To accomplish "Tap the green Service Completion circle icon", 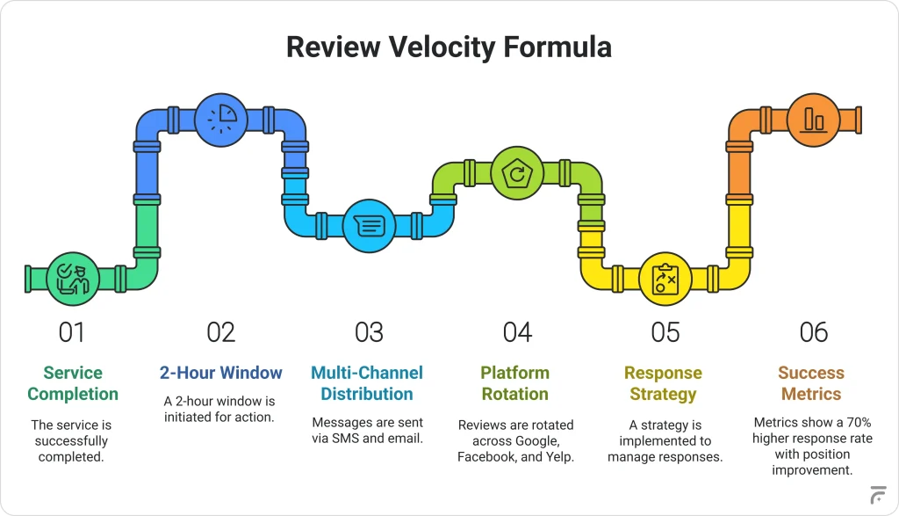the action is [x=73, y=279].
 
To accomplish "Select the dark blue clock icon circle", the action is [x=220, y=120].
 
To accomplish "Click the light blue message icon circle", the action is [x=369, y=226].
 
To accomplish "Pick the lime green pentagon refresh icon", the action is [x=517, y=173].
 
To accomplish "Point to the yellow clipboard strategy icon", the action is [x=665, y=279].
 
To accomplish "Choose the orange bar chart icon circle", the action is [x=814, y=120].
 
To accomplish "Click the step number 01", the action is [x=72, y=332].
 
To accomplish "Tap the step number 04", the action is [x=517, y=332].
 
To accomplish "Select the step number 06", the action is [x=814, y=332].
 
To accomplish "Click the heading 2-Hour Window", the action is [x=220, y=373].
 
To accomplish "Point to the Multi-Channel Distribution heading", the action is [x=367, y=383].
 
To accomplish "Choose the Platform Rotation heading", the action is [x=514, y=383].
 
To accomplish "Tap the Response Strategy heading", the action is [x=664, y=383].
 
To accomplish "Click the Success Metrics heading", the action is [x=811, y=383].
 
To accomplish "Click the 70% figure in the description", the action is [x=859, y=423].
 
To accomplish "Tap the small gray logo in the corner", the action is [x=878, y=495].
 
